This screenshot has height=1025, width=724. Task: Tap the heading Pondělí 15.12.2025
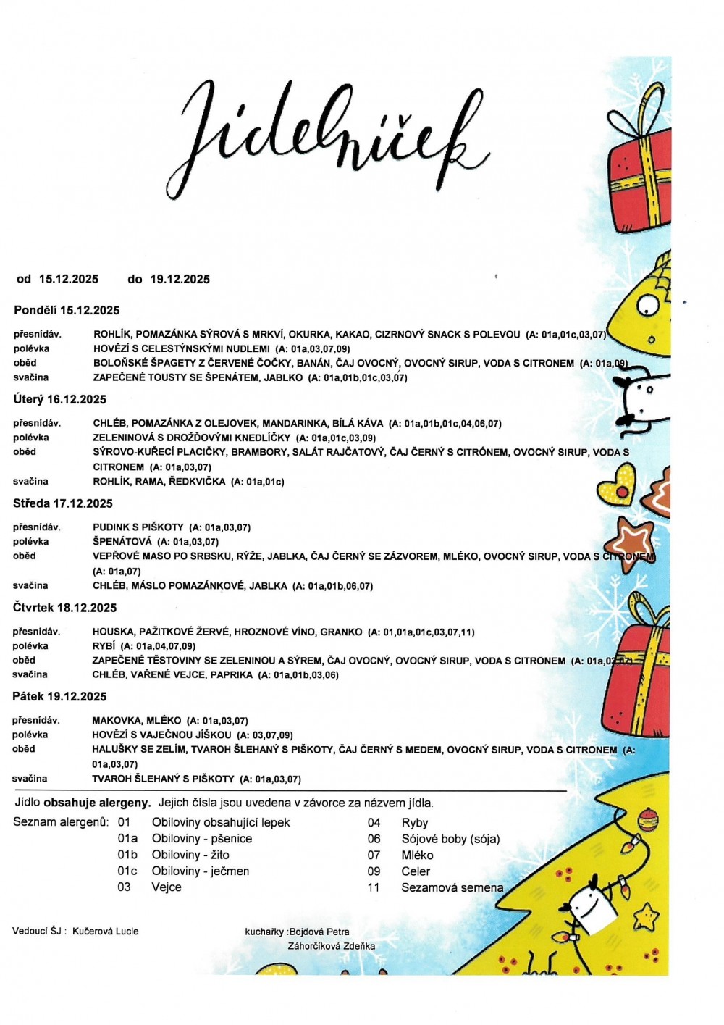coord(67,310)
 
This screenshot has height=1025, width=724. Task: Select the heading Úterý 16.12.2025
coord(59,399)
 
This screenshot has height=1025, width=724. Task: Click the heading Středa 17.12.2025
coord(63,503)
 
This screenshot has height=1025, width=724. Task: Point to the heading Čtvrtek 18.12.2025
coord(64,608)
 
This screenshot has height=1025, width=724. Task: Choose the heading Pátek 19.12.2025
coord(59,697)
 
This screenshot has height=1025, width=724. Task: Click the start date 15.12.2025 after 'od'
coord(69,279)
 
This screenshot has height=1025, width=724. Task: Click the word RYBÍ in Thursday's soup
coord(104,645)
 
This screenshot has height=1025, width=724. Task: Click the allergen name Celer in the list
coord(416,871)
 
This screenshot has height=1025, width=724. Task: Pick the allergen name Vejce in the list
coord(167,887)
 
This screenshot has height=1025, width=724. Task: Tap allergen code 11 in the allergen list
coord(374,887)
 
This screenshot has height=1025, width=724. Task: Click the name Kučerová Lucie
coord(105,931)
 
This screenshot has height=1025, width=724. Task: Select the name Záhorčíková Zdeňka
coord(332,945)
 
